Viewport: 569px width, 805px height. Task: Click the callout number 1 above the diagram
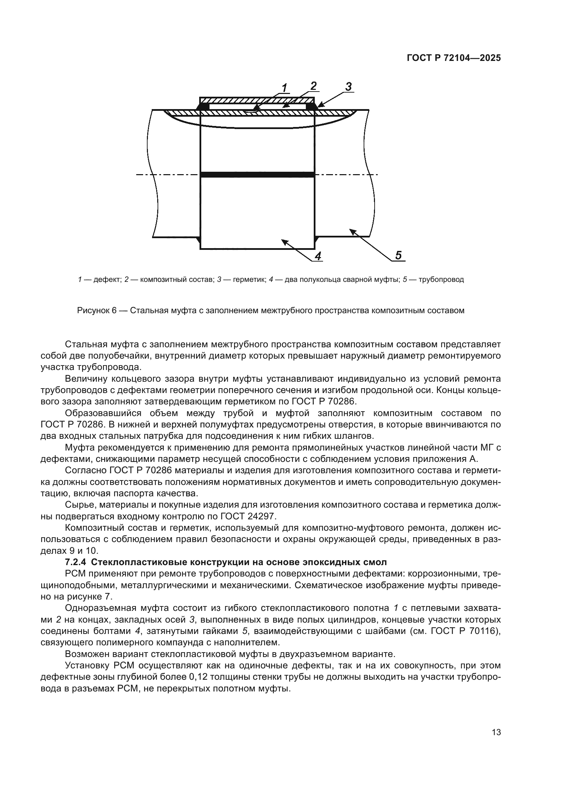[284, 88]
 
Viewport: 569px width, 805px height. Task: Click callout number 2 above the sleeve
[313, 86]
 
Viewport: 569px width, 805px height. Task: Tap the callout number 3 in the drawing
[348, 86]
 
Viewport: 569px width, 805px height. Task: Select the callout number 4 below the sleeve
[318, 256]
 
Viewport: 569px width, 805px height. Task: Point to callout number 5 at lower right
[398, 255]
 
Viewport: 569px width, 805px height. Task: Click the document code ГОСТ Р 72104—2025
[454, 58]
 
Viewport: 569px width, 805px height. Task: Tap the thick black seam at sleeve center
[257, 174]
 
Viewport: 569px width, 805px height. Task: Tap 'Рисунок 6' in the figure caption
[96, 311]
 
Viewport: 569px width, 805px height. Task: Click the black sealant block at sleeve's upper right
[310, 106]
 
